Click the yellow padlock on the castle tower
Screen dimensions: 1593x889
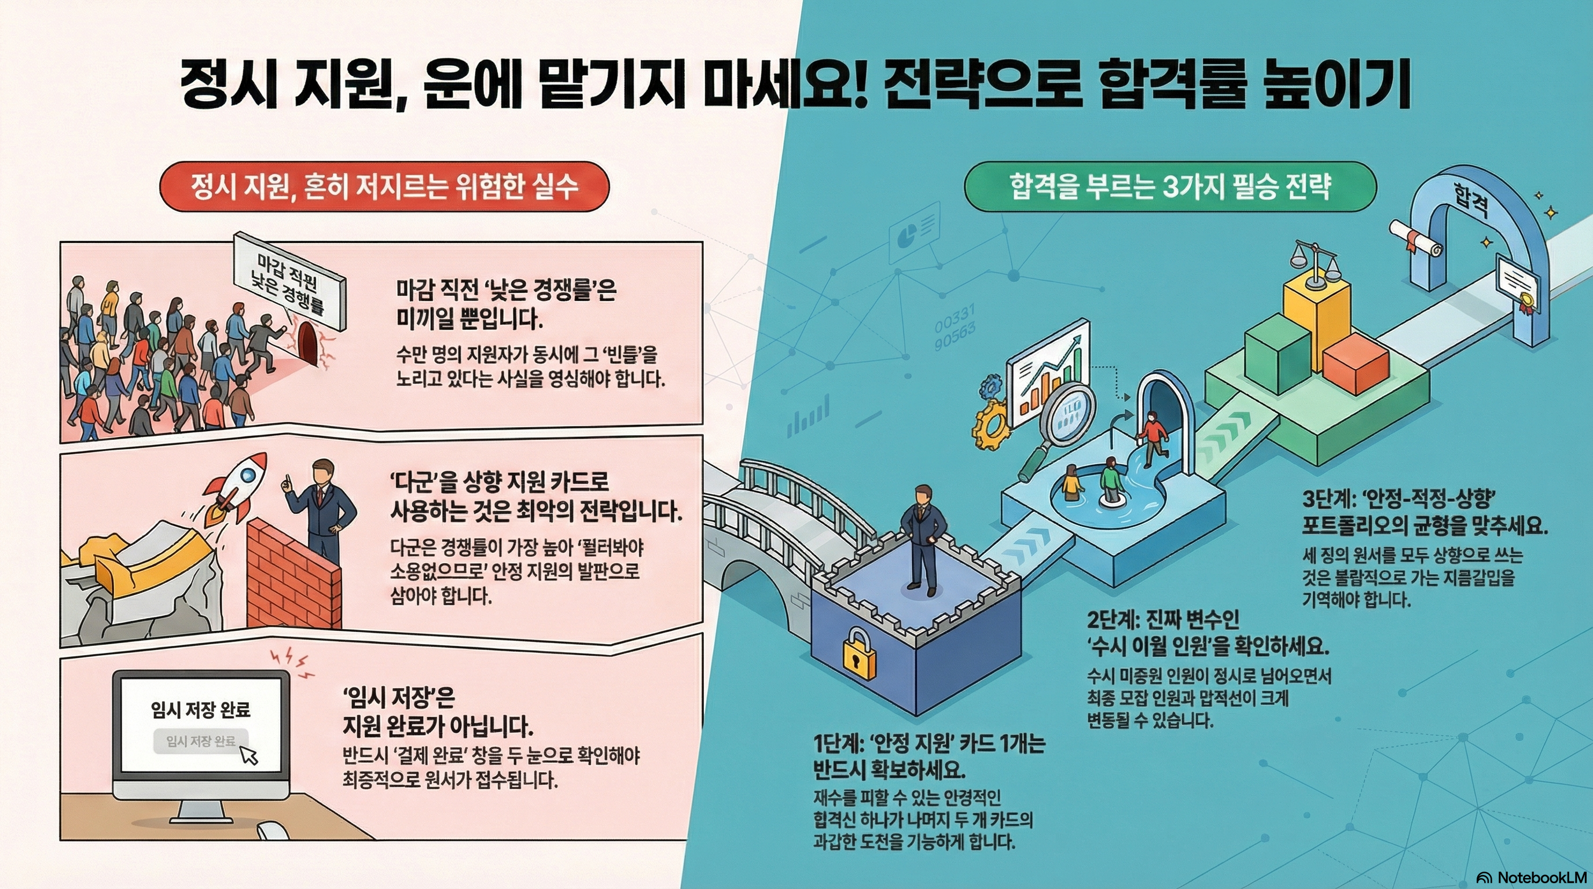coord(860,654)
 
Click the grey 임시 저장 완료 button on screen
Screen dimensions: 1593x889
coord(200,741)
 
